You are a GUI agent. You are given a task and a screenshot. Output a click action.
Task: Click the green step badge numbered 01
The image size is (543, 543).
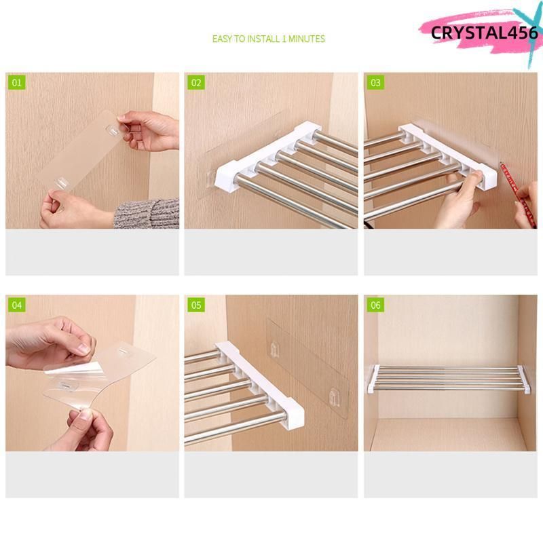16,83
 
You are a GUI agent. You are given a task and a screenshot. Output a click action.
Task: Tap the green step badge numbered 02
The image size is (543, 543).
196,83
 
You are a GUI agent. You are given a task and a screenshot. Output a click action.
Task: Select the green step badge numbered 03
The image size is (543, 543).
375,83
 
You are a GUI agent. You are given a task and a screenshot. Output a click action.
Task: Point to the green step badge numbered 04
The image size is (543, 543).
16,305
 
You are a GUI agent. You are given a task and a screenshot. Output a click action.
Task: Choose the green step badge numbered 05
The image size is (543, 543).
196,305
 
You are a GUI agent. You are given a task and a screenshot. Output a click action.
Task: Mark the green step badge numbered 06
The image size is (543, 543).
375,305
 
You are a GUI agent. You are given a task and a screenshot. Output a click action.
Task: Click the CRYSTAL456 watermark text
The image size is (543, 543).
485,33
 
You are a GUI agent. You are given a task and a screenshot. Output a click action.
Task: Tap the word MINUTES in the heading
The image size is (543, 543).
307,39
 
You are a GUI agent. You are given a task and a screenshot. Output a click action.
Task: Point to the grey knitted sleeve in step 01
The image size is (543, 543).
147,213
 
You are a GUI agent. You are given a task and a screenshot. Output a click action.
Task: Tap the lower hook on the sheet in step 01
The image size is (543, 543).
62,183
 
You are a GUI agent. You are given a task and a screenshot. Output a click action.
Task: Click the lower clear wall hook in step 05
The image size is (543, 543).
335,397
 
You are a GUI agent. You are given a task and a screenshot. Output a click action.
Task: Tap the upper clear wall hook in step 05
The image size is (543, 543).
275,350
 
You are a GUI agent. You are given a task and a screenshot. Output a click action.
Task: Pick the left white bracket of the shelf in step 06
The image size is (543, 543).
372,379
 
